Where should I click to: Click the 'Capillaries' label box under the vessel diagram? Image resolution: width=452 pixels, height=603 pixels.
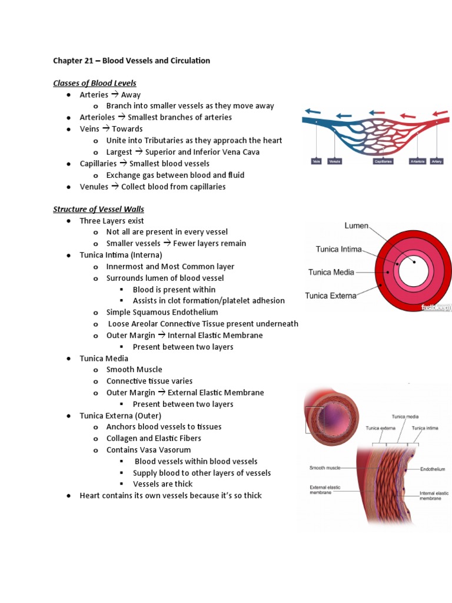pos(383,161)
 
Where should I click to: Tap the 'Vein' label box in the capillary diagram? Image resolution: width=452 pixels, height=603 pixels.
pos(317,161)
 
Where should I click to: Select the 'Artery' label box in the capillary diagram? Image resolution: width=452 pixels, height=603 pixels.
pos(436,161)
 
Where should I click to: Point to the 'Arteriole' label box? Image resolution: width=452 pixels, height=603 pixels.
pos(417,161)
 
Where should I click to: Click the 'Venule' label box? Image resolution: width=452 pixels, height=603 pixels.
pos(335,161)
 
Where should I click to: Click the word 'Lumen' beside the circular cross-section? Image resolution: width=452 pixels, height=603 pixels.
pos(357,226)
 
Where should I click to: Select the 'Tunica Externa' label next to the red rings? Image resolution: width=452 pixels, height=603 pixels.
pos(330,296)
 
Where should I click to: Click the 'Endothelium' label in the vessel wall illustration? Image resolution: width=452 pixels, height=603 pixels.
pos(433,469)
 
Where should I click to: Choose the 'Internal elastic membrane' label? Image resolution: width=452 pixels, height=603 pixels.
pos(434,495)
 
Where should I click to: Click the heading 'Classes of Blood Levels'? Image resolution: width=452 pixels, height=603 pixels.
pos(95,83)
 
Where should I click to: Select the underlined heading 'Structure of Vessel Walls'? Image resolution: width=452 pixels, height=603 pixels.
pos(98,209)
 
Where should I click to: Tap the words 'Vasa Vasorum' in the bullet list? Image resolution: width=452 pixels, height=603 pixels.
pos(166,450)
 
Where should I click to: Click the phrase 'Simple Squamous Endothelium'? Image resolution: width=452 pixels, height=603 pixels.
pos(162,312)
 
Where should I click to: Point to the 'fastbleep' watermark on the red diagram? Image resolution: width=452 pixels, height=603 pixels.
pos(436,307)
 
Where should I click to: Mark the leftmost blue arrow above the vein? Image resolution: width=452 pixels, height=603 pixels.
pos(313,111)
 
